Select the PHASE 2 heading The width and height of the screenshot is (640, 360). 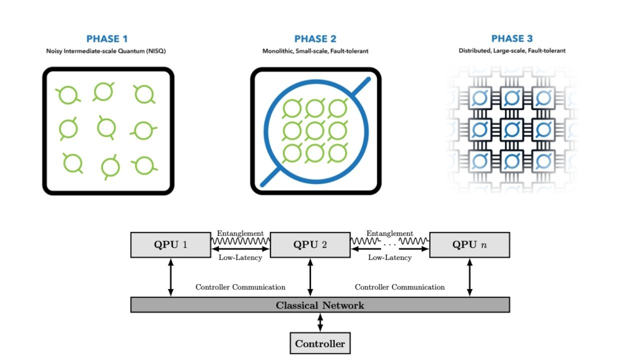pos(315,39)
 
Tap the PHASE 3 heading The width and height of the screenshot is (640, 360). pos(512,39)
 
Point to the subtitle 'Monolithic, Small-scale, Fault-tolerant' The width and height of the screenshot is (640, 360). pos(315,51)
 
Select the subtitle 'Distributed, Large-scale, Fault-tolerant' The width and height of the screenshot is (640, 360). pos(512,51)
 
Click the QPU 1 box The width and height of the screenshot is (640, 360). pos(170,244)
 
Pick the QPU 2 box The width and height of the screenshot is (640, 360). pos(310,244)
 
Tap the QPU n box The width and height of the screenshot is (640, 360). pos(469,244)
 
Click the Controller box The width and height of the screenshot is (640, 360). pos(320,343)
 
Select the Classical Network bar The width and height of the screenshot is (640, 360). pos(320,305)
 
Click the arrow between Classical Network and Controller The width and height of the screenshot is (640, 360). pos(320,322)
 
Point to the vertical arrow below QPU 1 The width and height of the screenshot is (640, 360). pos(170,277)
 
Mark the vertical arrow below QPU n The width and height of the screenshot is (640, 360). pos(469,277)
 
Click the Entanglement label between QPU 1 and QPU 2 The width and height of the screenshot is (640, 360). pos(240,233)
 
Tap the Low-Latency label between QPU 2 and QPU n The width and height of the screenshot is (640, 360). pos(389,257)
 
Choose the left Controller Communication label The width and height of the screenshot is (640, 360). pos(240,287)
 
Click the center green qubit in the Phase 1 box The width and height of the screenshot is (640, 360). pos(106,127)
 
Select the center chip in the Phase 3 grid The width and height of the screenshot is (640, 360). pos(511,129)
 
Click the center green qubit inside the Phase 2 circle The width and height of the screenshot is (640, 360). pos(315,130)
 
